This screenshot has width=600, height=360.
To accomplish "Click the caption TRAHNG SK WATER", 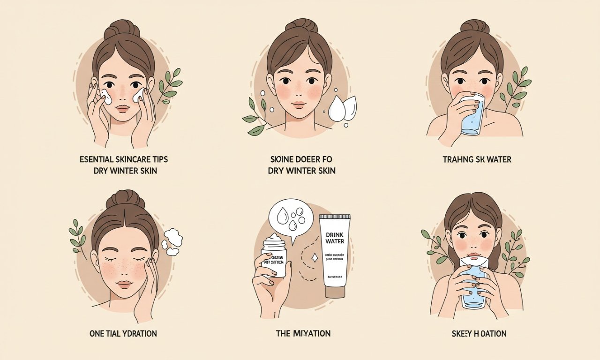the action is tap(477, 160).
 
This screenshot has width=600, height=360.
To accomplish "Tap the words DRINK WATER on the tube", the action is tap(335, 237).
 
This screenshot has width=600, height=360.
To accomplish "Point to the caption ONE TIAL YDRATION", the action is tap(123, 334).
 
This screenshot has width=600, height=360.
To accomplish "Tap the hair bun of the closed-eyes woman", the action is tap(125, 200).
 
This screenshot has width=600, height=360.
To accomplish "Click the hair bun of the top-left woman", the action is tap(122, 29).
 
